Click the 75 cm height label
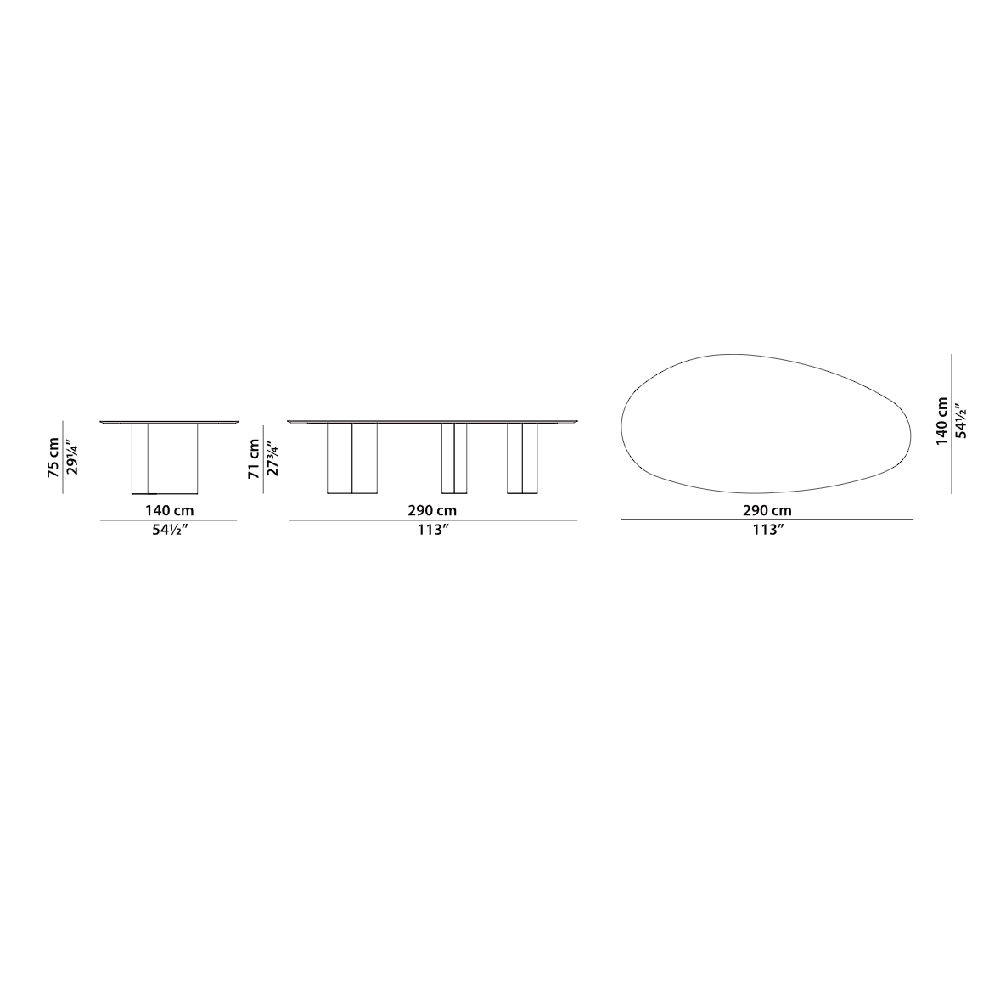point(53,458)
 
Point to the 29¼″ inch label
point(73,458)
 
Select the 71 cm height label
point(254,458)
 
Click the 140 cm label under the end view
point(169,510)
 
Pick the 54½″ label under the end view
point(169,530)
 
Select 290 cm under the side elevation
point(432,510)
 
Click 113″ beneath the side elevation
point(432,530)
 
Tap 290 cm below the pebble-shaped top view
point(767,510)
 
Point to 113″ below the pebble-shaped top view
point(767,530)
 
